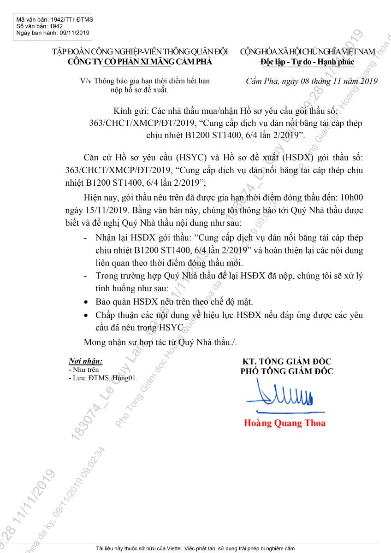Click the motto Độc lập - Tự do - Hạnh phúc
click(x=307, y=61)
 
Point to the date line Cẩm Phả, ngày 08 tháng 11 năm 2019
click(x=312, y=82)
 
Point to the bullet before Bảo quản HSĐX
click(x=86, y=302)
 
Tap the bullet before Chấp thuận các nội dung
click(x=86, y=316)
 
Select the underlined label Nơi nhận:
click(x=85, y=361)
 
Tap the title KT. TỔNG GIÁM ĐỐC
click(x=287, y=361)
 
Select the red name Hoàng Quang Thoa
click(x=284, y=423)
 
